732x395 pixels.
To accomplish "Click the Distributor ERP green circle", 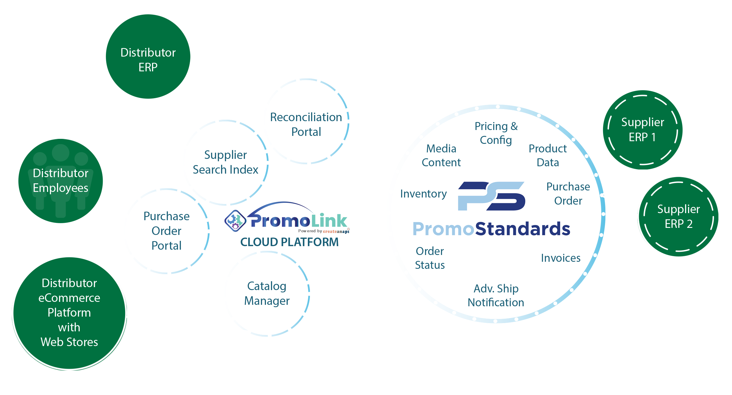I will (x=148, y=57).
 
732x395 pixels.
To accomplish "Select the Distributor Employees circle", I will (x=61, y=181).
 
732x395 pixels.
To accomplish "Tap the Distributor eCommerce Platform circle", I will (x=69, y=313).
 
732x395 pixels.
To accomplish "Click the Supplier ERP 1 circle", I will (x=643, y=130).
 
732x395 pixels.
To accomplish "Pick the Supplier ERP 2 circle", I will (x=678, y=217).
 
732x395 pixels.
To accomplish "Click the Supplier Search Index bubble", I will (x=226, y=162).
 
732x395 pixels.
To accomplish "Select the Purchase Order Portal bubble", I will (x=167, y=231).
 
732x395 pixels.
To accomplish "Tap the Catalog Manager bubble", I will (x=267, y=294).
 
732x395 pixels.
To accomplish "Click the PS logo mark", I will (x=491, y=196).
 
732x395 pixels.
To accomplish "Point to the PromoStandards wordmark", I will (x=491, y=229).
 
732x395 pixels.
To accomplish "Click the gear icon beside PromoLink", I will (x=235, y=220).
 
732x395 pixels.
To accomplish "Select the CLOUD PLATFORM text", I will (x=289, y=242).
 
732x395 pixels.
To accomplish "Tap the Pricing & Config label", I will (x=496, y=133).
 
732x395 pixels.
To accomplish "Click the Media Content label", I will (x=441, y=156).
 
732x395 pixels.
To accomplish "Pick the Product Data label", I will (x=548, y=156).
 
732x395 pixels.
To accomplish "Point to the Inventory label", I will (x=424, y=194).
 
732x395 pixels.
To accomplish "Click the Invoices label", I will (x=561, y=258).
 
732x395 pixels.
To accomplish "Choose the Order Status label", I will (x=430, y=258).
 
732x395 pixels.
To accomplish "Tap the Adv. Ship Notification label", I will (x=496, y=295).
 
